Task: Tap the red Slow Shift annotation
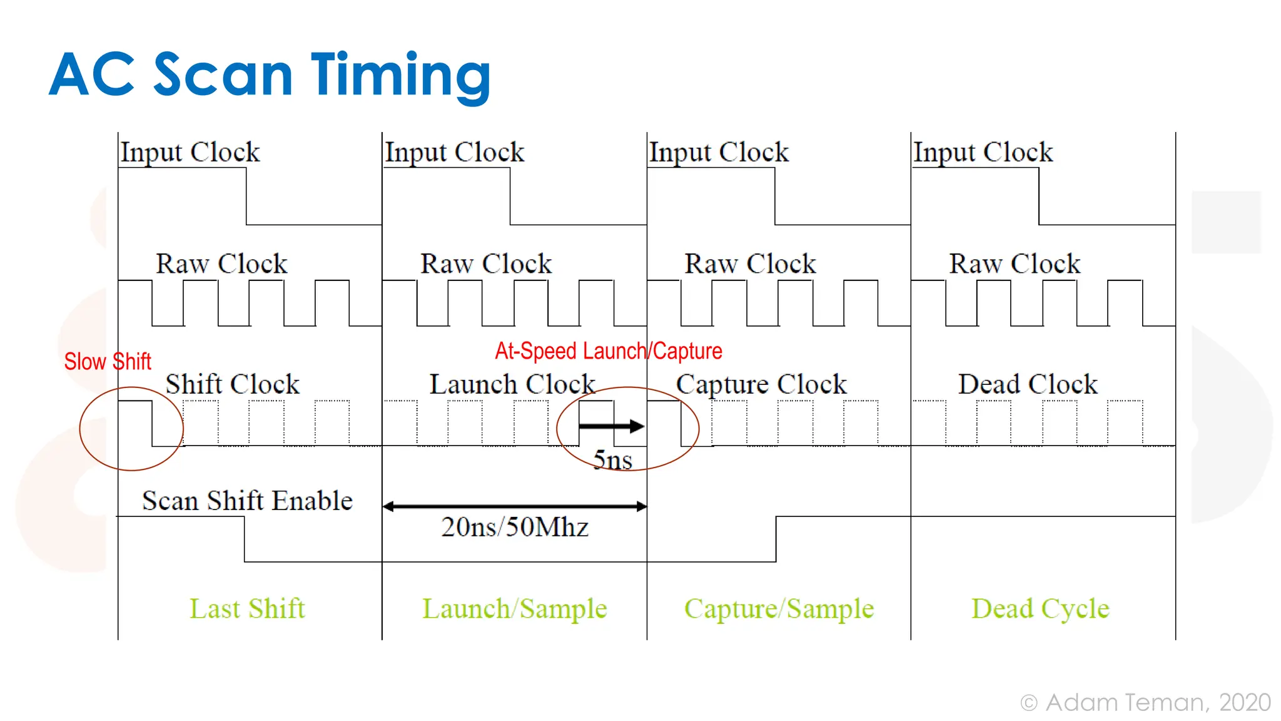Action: tap(108, 362)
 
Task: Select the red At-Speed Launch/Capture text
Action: tap(608, 351)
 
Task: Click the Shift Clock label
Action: tap(232, 384)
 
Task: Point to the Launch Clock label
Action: tap(512, 384)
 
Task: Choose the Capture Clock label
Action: tap(761, 384)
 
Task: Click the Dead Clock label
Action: tap(1027, 384)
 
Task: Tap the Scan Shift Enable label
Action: tap(247, 501)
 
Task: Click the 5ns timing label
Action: tap(612, 461)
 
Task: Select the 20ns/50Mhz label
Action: tap(514, 527)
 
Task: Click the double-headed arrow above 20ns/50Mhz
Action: tap(514, 506)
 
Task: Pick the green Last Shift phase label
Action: tap(247, 608)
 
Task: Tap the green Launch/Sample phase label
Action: tap(514, 608)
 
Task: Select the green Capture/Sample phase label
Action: tap(778, 608)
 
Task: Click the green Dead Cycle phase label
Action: tap(1040, 608)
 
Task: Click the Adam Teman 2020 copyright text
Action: tap(1145, 702)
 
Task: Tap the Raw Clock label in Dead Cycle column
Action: tap(1014, 263)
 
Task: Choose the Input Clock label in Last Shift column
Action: tap(190, 152)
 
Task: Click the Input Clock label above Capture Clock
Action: tap(718, 152)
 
